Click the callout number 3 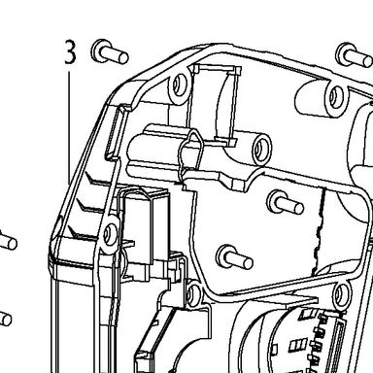tap(70, 51)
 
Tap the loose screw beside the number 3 tap(110, 51)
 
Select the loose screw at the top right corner tap(355, 55)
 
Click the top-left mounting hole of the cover tap(179, 85)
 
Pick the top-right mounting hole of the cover tap(336, 95)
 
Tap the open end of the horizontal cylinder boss tap(261, 149)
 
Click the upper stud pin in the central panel tap(285, 202)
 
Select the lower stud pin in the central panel tap(234, 257)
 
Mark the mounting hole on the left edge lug tap(110, 233)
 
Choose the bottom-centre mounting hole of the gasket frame tap(193, 294)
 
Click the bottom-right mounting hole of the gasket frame tap(341, 294)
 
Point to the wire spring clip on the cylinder tap(190, 153)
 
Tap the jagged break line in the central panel tap(320, 230)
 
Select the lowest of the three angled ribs tap(83, 234)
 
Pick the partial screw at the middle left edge tap(8, 240)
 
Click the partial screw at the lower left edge tap(5, 318)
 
